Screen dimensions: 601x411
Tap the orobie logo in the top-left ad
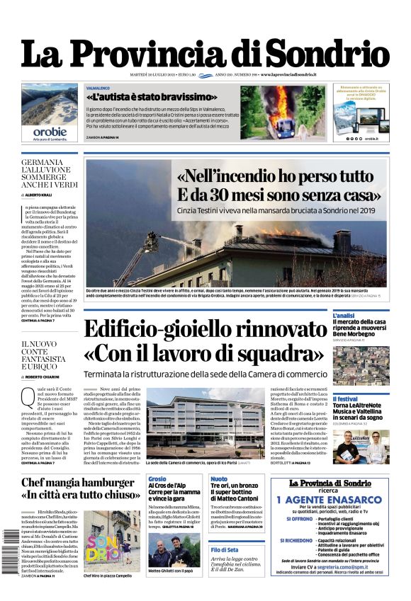coord(50,132)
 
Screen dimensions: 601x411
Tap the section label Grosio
coord(157,479)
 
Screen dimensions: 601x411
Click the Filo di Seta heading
coord(225,549)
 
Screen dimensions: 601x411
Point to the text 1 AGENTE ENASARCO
coord(330,498)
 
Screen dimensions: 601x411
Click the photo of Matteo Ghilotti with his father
coord(174,553)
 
